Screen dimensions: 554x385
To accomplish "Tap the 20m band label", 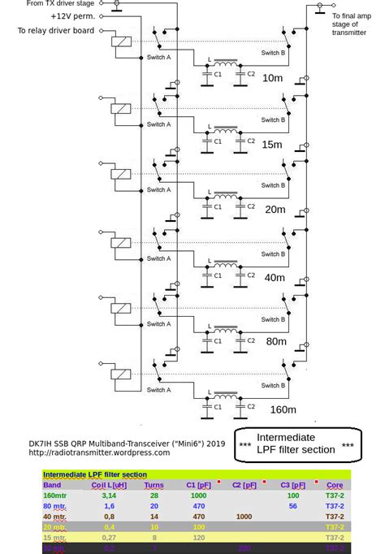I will click(275, 210).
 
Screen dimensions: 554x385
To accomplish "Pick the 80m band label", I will click(275, 343).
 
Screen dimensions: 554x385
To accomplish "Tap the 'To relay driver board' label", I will click(55, 30).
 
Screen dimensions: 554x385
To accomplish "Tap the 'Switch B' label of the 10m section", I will click(272, 52).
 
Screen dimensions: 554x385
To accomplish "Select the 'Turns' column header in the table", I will click(154, 485).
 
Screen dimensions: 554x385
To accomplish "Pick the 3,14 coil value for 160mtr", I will click(109, 495).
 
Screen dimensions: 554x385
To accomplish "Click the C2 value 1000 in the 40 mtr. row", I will click(243, 516).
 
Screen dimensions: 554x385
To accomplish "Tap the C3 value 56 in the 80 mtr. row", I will click(293, 505).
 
